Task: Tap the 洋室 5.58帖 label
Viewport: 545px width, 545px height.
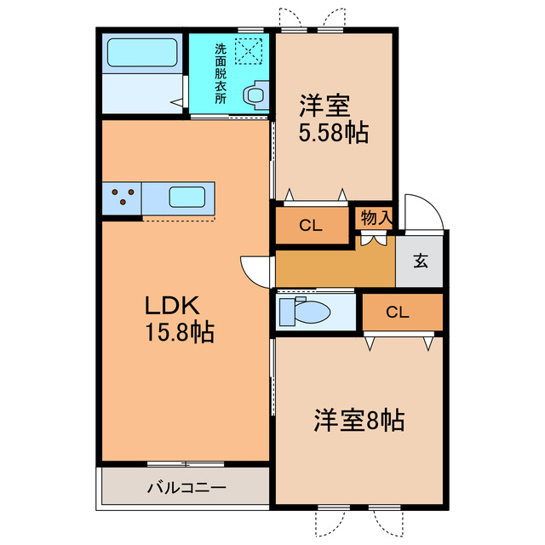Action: coord(333,121)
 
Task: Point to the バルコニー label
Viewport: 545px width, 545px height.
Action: coord(186,488)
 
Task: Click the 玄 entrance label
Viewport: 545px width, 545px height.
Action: coord(421,261)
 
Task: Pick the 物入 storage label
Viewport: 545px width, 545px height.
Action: coord(376,218)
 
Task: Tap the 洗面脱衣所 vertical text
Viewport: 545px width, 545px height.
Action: coord(221,73)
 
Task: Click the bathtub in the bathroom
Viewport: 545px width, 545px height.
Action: coord(142,53)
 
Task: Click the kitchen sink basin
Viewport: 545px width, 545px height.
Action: coord(186,198)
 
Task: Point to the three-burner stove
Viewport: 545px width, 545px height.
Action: coord(123,198)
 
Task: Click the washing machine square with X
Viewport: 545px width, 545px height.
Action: coord(249,51)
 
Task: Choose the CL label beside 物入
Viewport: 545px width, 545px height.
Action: coord(310,226)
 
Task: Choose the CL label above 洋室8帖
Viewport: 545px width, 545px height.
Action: coord(397,312)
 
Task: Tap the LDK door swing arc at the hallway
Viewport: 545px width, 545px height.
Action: coord(256,271)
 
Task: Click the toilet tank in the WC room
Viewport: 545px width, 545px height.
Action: coord(285,312)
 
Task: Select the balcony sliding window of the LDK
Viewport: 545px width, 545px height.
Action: coord(186,463)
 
